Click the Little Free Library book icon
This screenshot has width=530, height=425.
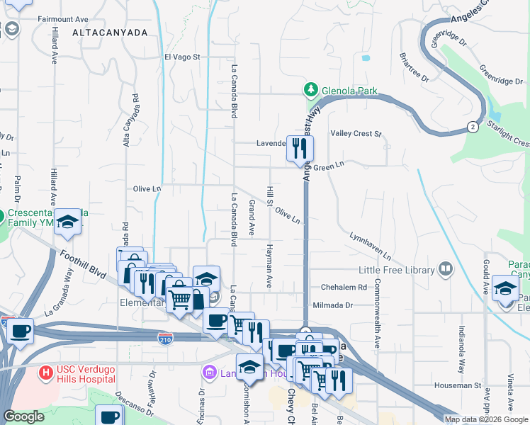pyautogui.click(x=446, y=268)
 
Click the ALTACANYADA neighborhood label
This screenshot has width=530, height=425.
pyautogui.click(x=110, y=33)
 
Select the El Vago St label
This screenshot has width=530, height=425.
pyautogui.click(x=184, y=57)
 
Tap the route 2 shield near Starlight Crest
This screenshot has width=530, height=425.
pyautogui.click(x=472, y=127)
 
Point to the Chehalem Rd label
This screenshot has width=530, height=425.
pyautogui.click(x=344, y=288)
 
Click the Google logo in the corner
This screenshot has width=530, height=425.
pyautogui.click(x=23, y=416)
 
